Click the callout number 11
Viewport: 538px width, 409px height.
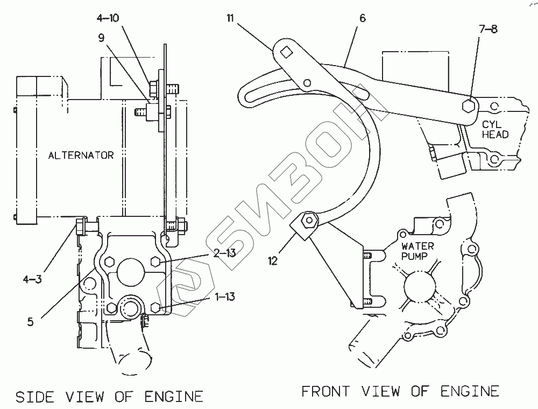230,18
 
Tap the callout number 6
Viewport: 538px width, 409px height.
363,18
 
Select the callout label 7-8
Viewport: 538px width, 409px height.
488,29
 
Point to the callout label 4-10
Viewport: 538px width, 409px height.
108,18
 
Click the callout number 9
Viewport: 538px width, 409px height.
101,38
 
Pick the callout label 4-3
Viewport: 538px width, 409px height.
32,279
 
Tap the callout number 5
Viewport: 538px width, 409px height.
31,321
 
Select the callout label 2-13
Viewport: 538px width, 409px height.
224,253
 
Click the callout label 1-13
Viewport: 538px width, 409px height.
225,296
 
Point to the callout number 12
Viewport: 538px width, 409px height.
272,261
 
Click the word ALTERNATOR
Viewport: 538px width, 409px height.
81,156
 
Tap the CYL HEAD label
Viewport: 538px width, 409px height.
495,129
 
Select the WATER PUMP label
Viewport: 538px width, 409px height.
417,251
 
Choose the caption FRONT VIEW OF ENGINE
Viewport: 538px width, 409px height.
400,391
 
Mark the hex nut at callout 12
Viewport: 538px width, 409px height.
308,220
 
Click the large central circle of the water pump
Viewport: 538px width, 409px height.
420,286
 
